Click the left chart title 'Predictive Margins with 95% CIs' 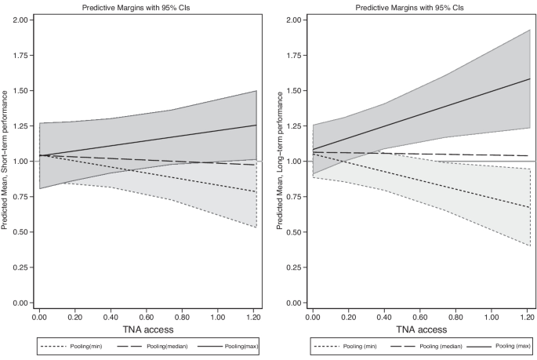(x=147, y=7)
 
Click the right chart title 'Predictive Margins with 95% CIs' (x=420, y=7)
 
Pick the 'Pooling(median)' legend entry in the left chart (x=149, y=346)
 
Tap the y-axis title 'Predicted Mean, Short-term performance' (x=6, y=160)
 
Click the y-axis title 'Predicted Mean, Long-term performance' (x=280, y=160)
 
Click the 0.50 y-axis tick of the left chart (x=20, y=232)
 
